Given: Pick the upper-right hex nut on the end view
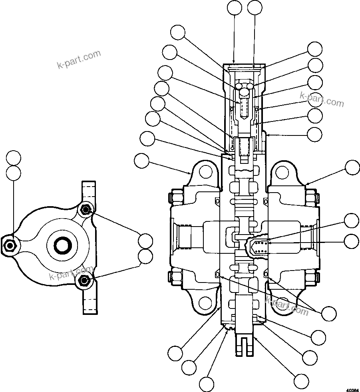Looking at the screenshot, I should [x=85, y=209].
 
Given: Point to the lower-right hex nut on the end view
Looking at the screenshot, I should [x=84, y=281].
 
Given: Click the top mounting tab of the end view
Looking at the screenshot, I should [x=89, y=192].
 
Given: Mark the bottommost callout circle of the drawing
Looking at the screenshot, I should [x=207, y=384].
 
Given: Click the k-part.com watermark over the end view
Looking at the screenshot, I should [x=71, y=273].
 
